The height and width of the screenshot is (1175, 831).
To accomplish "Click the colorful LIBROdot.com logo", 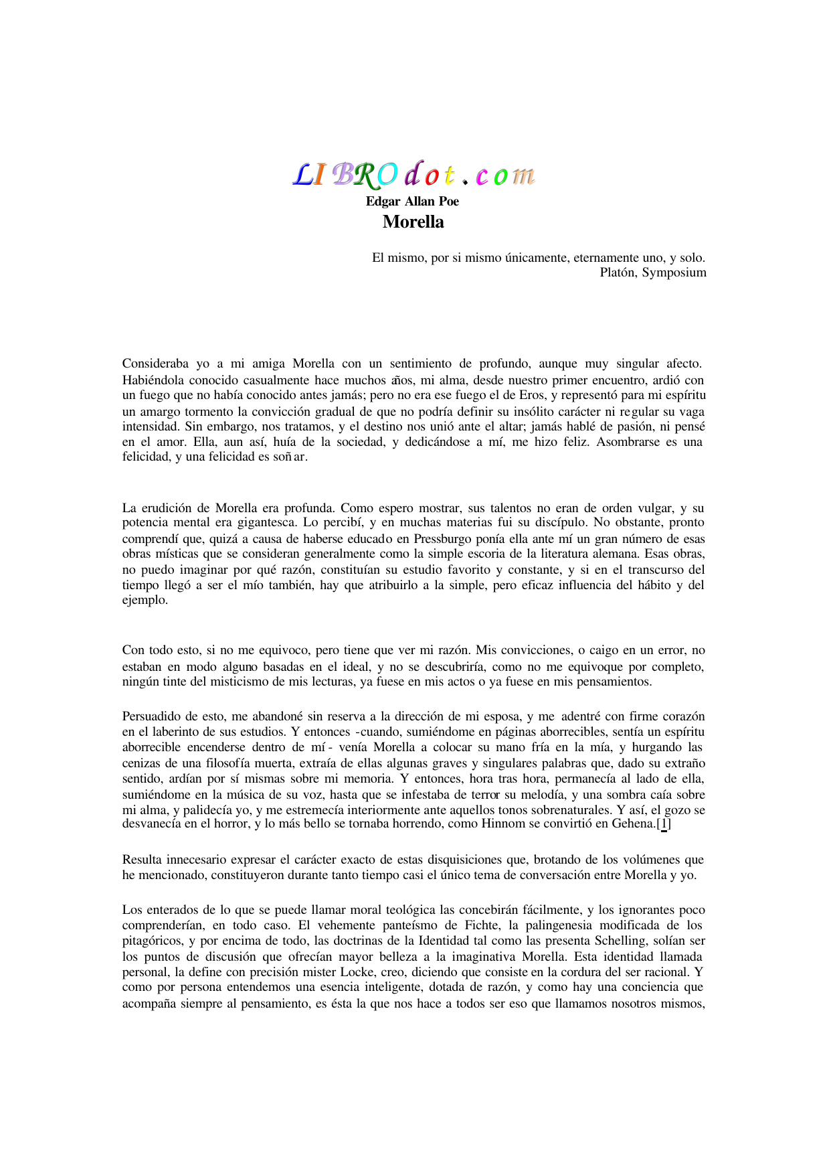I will [x=414, y=174].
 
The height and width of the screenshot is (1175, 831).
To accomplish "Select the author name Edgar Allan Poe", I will [x=412, y=202].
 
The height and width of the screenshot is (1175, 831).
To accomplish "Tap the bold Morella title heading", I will [x=413, y=222].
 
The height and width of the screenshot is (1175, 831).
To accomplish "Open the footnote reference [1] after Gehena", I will [x=664, y=824].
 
